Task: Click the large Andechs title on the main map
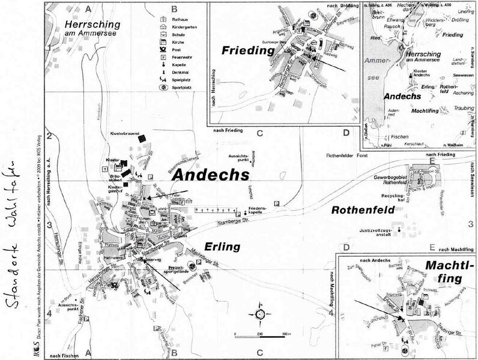[210, 175]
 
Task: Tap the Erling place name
[222, 247]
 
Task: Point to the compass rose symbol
[260, 314]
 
